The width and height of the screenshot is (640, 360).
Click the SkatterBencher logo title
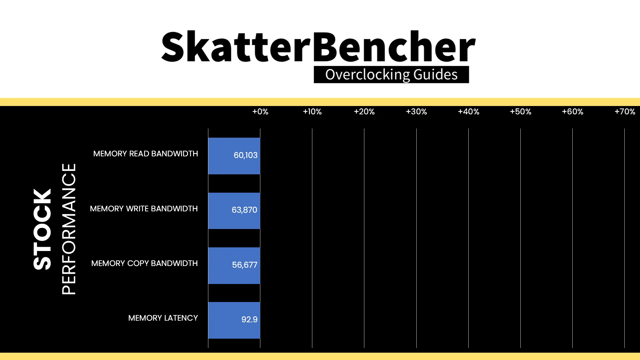coord(318,46)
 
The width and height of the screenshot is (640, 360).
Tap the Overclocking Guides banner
coord(391,75)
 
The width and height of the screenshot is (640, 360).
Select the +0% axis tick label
coord(260,112)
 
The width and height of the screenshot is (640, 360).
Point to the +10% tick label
coord(312,112)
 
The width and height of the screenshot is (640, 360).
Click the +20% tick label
coord(364,112)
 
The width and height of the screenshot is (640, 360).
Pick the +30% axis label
coord(416,112)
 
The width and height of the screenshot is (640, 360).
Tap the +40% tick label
coord(468,112)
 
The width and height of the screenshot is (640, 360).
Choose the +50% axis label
coord(520,112)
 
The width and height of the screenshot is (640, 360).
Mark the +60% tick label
coord(572,112)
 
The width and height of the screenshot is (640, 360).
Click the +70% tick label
coord(625,112)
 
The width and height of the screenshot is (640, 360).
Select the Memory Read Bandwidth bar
coord(234,156)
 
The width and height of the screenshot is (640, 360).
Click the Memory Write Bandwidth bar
coord(234,211)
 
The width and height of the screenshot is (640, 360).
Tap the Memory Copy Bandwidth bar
coord(234,266)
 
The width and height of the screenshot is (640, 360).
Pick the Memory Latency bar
coord(234,320)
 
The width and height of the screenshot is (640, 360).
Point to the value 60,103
coord(245,155)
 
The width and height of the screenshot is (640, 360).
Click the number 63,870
coord(244,210)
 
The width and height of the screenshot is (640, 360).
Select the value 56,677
coord(245,265)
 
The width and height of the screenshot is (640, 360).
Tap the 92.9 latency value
coord(249,320)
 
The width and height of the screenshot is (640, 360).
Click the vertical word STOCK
coord(42,229)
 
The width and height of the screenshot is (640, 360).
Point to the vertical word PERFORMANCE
coord(69,229)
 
